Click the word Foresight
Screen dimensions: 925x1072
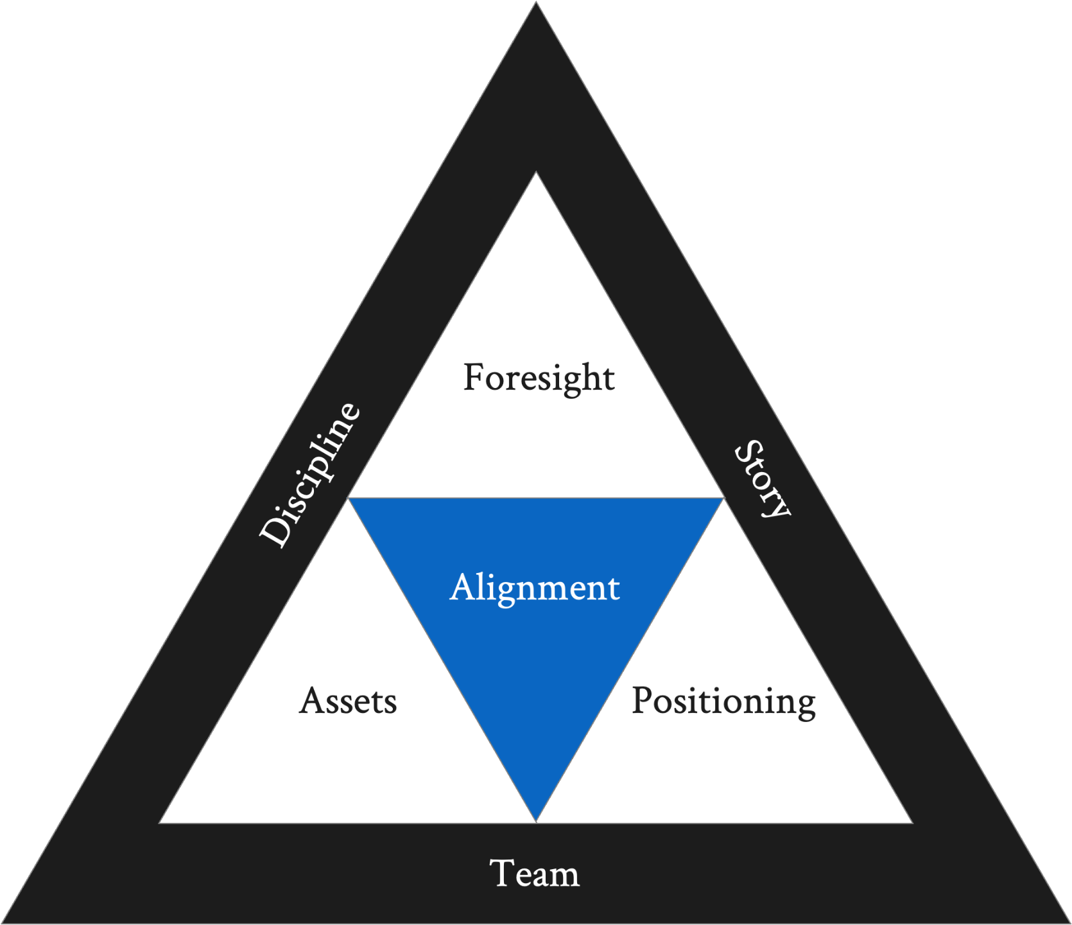[x=539, y=378]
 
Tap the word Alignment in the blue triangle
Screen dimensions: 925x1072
[x=535, y=588]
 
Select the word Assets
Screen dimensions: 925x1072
[x=348, y=701]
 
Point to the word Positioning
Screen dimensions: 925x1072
[x=723, y=701]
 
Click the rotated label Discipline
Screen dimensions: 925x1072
[x=310, y=475]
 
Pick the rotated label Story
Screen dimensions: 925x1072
[x=763, y=479]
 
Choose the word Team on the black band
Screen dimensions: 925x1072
[x=534, y=874]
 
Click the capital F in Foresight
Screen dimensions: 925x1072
[x=474, y=377]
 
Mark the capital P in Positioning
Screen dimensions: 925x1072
[x=642, y=700]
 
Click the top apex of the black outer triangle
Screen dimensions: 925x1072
[x=536, y=4]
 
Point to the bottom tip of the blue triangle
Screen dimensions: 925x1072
[x=536, y=820]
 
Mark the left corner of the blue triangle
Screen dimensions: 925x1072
[x=350, y=498]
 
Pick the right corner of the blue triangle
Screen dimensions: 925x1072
[x=723, y=498]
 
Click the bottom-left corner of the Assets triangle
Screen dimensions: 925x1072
[x=160, y=822]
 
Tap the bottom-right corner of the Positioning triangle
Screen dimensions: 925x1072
[x=912, y=822]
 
